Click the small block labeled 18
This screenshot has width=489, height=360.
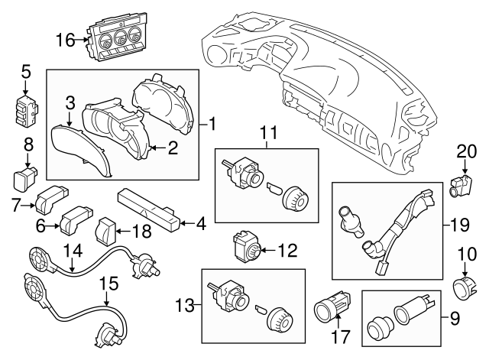pos(107,228)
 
